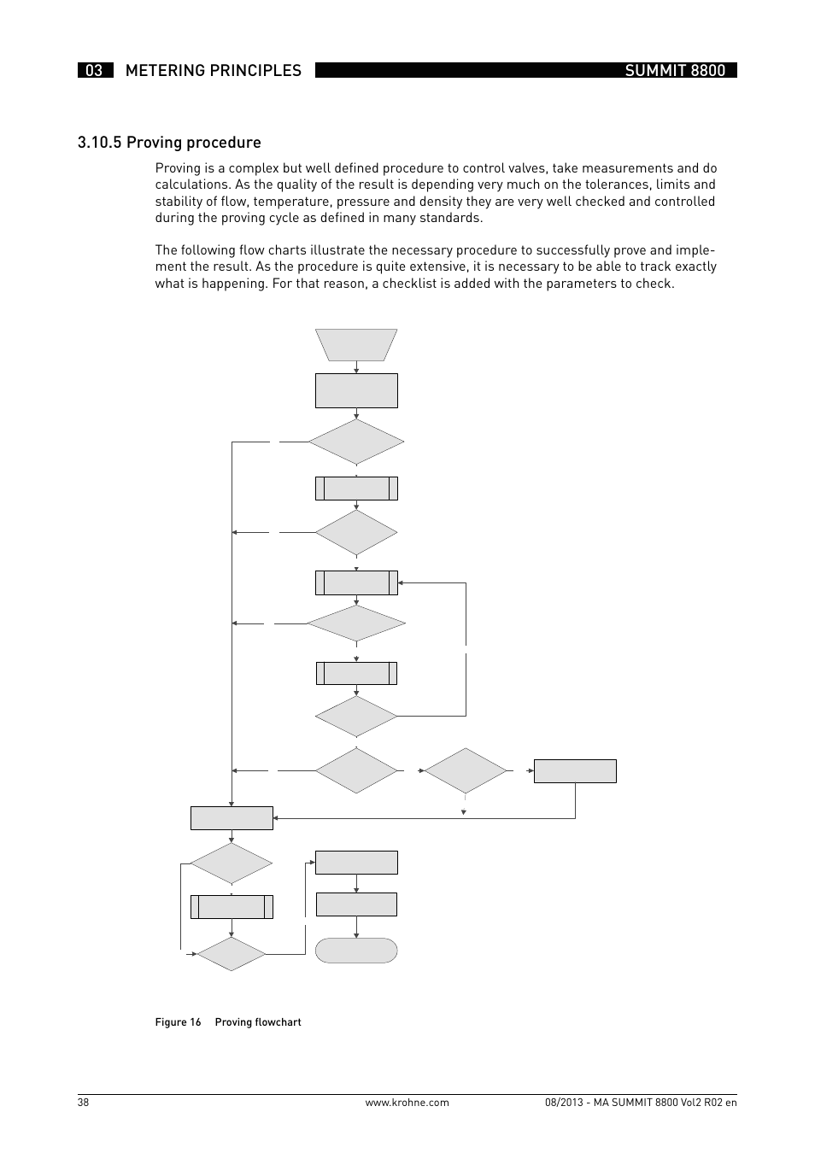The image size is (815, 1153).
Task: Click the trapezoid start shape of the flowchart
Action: pos(356,345)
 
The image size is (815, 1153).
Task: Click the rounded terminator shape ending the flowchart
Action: pos(356,951)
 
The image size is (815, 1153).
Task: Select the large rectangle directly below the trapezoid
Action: pos(356,390)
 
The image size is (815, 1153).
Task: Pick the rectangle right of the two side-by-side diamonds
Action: pos(575,771)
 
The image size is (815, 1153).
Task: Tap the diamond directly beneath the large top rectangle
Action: pos(356,442)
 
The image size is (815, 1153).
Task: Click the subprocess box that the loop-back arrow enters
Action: pos(356,582)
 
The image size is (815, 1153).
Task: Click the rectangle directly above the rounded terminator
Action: pos(356,904)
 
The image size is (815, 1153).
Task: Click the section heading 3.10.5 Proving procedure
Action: pos(169,143)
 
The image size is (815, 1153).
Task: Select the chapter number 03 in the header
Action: pos(94,71)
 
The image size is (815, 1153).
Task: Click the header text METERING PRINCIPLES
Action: pos(213,71)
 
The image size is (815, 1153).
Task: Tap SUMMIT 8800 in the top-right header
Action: pos(675,71)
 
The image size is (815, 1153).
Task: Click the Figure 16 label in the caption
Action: pos(178,1022)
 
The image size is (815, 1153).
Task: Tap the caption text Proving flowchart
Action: pos(258,1022)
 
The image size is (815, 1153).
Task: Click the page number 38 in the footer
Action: pos(83,1103)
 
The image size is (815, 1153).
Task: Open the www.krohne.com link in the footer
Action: pos(407,1103)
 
